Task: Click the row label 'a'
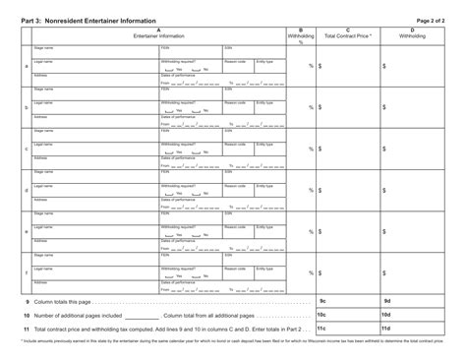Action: click(26, 66)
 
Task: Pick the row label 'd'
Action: click(26, 189)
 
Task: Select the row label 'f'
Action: click(26, 271)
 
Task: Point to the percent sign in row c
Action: click(310, 149)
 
